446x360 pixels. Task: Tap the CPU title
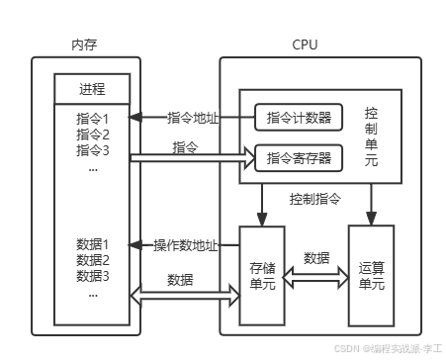(x=305, y=45)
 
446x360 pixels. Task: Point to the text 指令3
(x=92, y=150)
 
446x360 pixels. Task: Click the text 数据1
(x=92, y=244)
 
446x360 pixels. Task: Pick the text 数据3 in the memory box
(x=92, y=275)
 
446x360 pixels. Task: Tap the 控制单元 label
(x=371, y=136)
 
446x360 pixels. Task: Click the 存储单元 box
(x=262, y=277)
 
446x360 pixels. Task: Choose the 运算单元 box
(x=372, y=277)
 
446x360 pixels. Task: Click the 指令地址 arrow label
(x=193, y=118)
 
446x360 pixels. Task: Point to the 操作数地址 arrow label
(x=187, y=244)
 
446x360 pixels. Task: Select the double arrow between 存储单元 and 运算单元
(x=316, y=277)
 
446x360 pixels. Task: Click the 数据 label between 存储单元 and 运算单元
(x=316, y=258)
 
